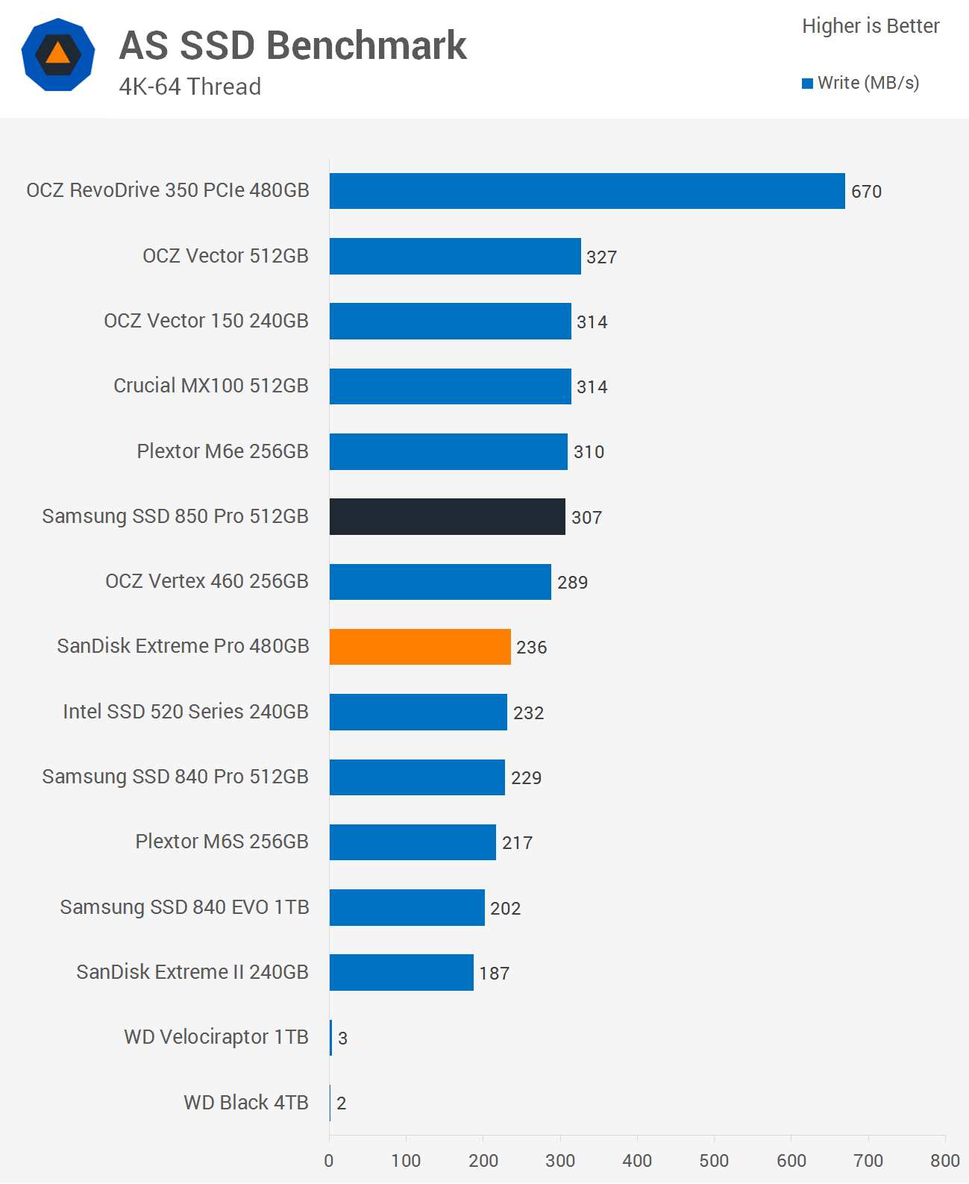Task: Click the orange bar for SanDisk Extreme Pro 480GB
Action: click(420, 647)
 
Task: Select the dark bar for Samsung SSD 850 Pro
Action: click(447, 516)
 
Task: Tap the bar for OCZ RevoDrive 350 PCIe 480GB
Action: click(587, 191)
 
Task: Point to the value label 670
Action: click(866, 192)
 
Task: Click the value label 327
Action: click(601, 257)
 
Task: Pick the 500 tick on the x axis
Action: click(714, 1160)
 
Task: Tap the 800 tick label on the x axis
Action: click(944, 1160)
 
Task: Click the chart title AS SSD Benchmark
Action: click(293, 46)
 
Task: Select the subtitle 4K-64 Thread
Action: click(190, 87)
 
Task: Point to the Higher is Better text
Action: click(871, 26)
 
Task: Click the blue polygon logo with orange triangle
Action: click(58, 54)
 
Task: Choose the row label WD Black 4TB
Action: click(245, 1103)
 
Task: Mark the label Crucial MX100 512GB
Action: click(210, 386)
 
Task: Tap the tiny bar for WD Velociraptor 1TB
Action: click(331, 1038)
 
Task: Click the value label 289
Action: click(572, 583)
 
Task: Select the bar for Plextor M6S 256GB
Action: click(413, 842)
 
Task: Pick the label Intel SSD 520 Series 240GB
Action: click(185, 712)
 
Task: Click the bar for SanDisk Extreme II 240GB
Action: click(401, 972)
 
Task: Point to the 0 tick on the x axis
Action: click(329, 1160)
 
